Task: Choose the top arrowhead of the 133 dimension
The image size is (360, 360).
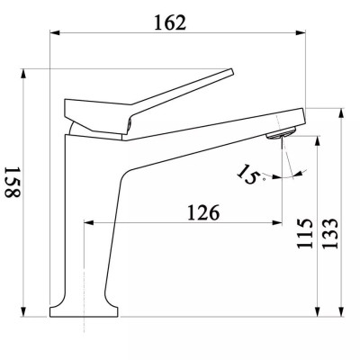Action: pyautogui.click(x=343, y=112)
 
